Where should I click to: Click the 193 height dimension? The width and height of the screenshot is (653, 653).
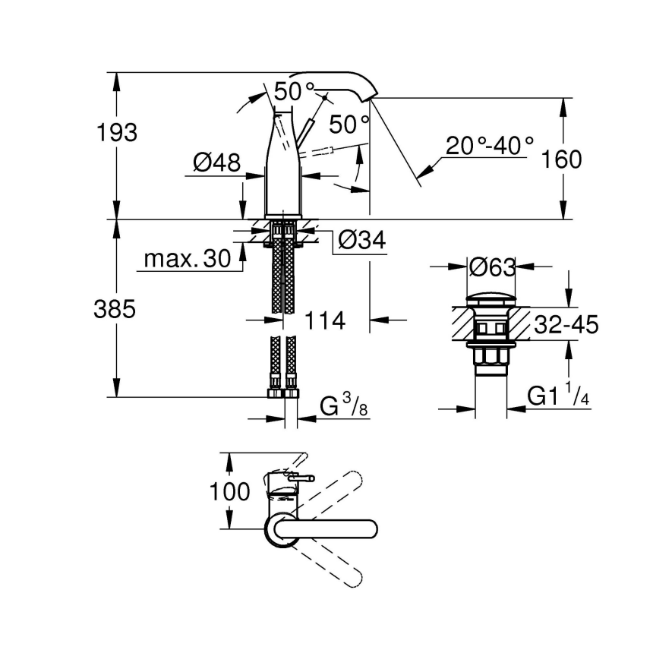117,132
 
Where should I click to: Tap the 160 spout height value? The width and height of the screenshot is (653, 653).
563,159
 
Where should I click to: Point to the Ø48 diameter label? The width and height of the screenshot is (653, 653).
216,162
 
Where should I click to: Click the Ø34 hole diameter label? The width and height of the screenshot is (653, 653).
361,241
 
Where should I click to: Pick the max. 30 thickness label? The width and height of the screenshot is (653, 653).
187,260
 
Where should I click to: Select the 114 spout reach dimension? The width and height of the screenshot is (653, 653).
326,320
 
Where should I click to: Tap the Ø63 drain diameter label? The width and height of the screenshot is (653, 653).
492,267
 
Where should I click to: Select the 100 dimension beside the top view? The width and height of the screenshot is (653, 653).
229,491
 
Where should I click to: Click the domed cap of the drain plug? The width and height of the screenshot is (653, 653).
491,297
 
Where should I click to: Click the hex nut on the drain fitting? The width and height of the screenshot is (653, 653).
491,356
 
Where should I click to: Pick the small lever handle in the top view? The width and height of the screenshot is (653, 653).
302,478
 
